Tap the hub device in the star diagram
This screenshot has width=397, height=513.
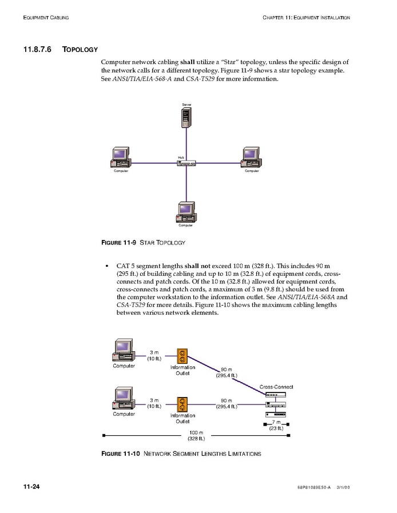[187, 163]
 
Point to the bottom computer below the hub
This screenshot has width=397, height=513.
[186, 212]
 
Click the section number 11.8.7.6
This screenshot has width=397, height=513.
[37, 49]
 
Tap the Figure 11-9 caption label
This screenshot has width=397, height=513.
[118, 243]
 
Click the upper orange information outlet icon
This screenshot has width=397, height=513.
[182, 356]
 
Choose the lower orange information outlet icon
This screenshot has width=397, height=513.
[182, 404]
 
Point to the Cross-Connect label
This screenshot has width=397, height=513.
[276, 387]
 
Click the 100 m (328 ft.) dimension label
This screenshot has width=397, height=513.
[196, 435]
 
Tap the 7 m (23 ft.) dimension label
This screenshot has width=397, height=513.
[276, 425]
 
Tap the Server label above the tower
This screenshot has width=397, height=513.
[186, 105]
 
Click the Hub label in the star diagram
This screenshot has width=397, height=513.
[181, 157]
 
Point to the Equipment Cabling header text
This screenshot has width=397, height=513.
[46, 18]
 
